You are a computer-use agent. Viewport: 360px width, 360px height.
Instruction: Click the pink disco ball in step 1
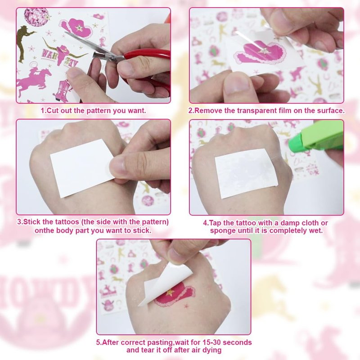[x=36, y=17]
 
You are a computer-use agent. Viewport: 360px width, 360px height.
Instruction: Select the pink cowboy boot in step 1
[x=63, y=91]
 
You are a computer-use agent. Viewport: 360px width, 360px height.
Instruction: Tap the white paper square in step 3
[x=83, y=167]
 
